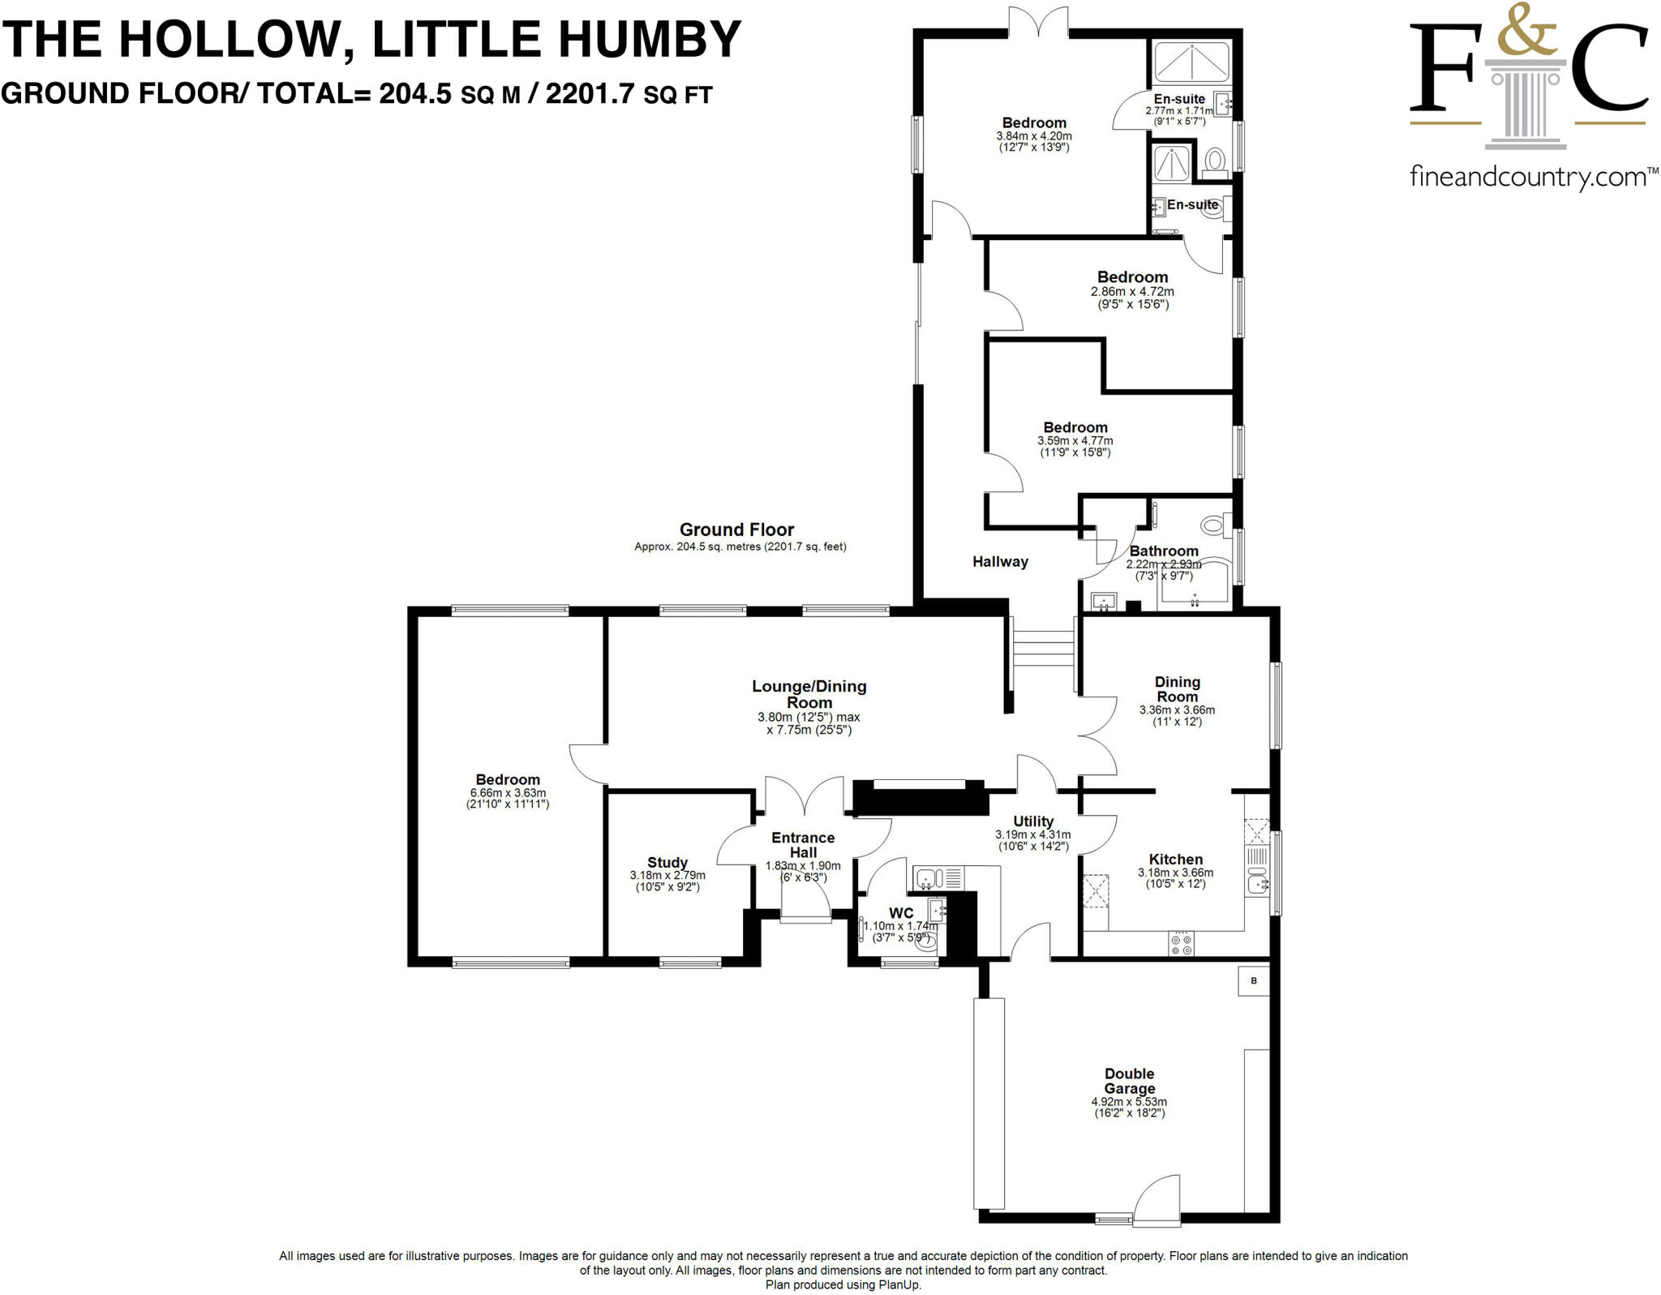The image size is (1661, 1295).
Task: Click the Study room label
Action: click(667, 863)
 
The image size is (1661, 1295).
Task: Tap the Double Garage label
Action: click(1129, 1081)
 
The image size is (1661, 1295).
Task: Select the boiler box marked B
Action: click(1253, 981)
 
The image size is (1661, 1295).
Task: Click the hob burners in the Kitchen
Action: click(1181, 944)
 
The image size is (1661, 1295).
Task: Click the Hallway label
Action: click(1000, 561)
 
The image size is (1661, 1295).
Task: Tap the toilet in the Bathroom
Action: click(1213, 525)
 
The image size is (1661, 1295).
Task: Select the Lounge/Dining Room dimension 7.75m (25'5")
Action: click(809, 730)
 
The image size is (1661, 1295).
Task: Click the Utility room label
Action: click(1032, 821)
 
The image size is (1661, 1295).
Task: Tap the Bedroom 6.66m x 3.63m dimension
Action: click(508, 793)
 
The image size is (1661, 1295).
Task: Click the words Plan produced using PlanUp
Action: click(843, 1284)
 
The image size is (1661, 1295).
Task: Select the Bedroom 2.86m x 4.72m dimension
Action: click(1132, 292)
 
